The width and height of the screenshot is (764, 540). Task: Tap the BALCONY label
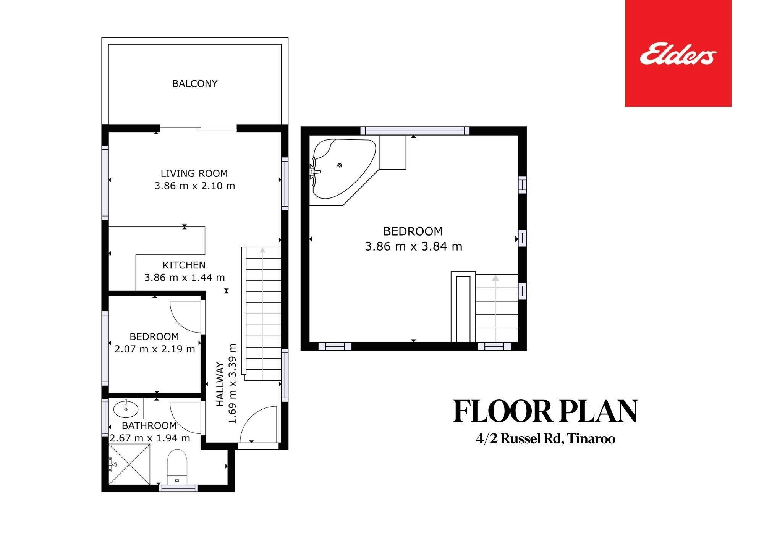[195, 84]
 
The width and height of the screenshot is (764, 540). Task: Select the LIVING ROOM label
[194, 173]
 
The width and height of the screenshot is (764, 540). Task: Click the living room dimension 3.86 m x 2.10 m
[194, 186]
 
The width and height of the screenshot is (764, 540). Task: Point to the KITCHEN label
[184, 265]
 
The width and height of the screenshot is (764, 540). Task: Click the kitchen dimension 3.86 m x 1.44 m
[184, 278]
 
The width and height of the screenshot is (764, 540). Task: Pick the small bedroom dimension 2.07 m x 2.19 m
[155, 349]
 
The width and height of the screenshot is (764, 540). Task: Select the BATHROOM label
[149, 425]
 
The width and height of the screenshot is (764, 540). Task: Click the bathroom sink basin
[126, 409]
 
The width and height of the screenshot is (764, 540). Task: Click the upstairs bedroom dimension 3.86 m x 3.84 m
[413, 246]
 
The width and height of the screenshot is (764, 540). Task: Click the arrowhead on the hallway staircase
[262, 250]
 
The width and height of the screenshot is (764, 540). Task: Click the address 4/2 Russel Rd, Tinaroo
[545, 439]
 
